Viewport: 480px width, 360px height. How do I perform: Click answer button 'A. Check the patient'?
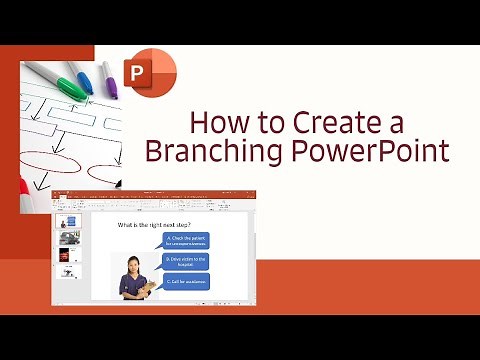pos(187,240)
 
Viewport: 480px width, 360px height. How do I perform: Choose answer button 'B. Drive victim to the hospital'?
pos(187,261)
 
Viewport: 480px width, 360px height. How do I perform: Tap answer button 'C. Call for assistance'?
pos(187,282)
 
